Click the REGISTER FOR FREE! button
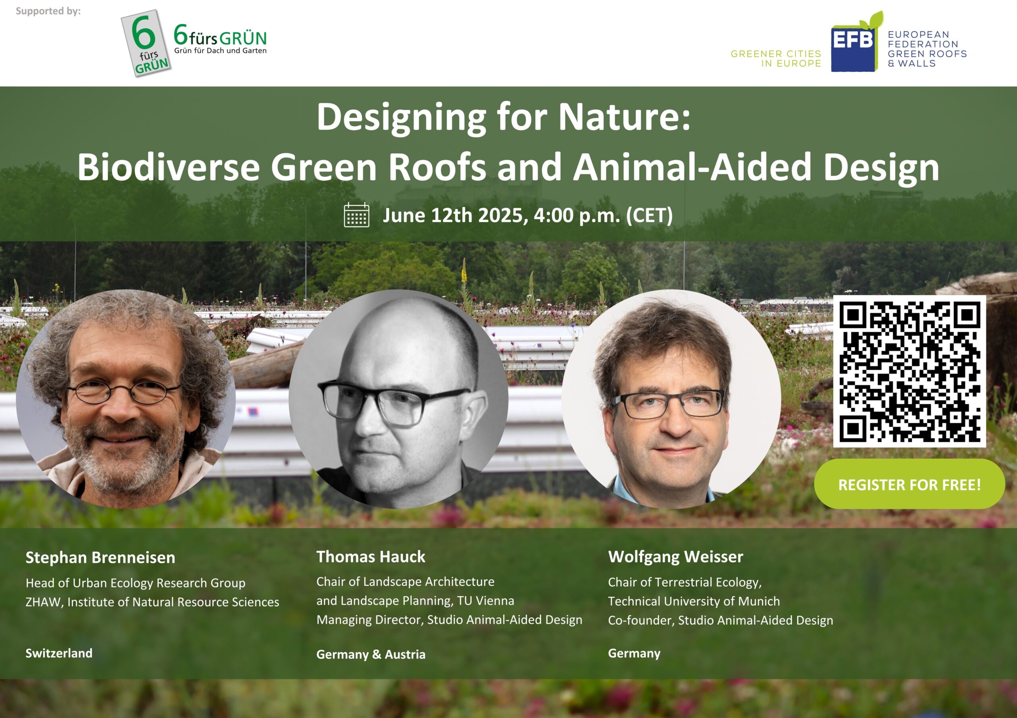[909, 484]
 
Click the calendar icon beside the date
[357, 215]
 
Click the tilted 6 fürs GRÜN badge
[146, 43]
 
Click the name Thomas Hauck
[371, 557]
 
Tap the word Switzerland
[59, 653]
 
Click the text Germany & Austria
[371, 654]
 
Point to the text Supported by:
[48, 11]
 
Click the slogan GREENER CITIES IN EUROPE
[775, 58]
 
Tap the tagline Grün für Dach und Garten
[220, 50]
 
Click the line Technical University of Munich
[694, 601]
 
